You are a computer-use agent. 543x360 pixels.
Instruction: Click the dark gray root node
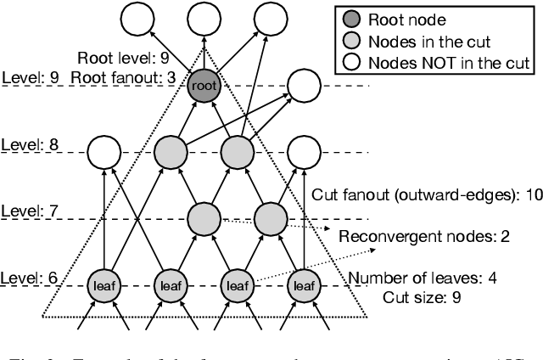click(x=204, y=86)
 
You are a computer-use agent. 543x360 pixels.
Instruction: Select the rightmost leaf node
click(x=303, y=286)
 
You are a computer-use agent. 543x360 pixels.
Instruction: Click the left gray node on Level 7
click(x=204, y=218)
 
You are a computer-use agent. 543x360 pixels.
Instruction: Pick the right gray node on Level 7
click(x=270, y=218)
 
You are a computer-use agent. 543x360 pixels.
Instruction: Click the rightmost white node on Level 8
click(x=303, y=152)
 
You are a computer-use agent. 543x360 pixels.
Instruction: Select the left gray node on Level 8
click(x=171, y=152)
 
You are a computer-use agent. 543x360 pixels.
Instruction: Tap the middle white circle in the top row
click(x=204, y=19)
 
